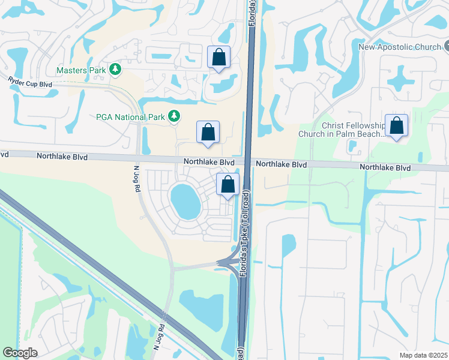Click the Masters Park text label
81,70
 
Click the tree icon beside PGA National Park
174,116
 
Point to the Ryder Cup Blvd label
30,82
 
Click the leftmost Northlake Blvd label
62,157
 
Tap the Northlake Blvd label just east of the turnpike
282,164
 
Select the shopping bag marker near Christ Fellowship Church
396,126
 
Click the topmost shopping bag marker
218,58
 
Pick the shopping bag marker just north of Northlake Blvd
208,132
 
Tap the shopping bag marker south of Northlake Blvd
228,184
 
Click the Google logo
20,353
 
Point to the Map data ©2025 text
423,355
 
